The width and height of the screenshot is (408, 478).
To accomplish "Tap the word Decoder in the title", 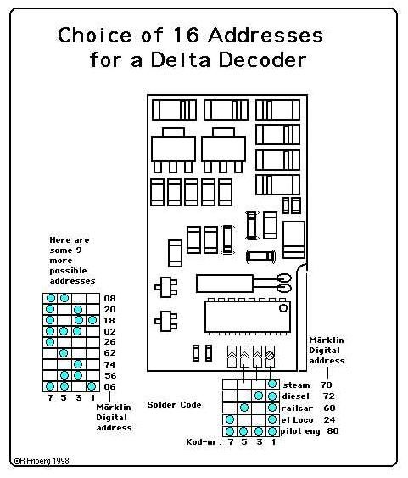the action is click(x=262, y=59).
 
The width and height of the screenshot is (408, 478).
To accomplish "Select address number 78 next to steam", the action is click(x=326, y=385).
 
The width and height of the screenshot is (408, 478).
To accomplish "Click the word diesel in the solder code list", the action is click(x=296, y=396).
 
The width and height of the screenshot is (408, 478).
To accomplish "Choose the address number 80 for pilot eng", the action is click(x=333, y=430).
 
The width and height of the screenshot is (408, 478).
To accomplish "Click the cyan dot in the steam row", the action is click(x=272, y=384).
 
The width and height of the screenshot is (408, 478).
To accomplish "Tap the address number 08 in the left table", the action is click(x=109, y=298).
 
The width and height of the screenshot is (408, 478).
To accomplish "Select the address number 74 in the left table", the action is click(x=109, y=364).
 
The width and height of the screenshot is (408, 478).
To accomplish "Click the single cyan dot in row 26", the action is click(x=50, y=342).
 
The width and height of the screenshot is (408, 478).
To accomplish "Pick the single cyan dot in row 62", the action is click(x=64, y=353).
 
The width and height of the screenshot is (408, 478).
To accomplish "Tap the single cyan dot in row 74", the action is click(x=78, y=364).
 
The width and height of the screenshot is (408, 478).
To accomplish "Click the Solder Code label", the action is click(x=174, y=404).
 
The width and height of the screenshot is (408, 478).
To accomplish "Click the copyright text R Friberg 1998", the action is click(x=42, y=461).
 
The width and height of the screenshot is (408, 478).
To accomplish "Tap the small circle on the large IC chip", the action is click(x=283, y=308).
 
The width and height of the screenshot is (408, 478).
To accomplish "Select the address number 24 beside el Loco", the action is click(x=329, y=419).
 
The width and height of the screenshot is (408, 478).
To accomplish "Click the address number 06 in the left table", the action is click(x=109, y=386).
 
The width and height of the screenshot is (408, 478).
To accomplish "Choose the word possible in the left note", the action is click(x=68, y=271).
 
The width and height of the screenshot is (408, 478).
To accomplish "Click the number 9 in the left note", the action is click(x=79, y=250).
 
